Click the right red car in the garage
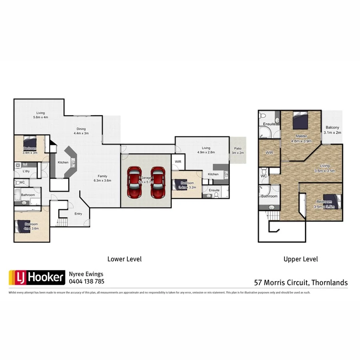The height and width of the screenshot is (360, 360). [x=158, y=182]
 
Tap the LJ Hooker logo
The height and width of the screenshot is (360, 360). [x=37, y=277]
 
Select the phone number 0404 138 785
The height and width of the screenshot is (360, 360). [x=87, y=281]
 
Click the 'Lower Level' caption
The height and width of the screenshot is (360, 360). [x=124, y=259]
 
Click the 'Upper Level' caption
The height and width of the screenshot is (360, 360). [x=300, y=259]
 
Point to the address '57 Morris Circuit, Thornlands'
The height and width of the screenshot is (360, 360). [x=301, y=282]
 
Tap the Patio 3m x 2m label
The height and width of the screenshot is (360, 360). [x=237, y=150]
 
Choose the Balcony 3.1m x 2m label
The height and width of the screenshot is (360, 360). [x=332, y=130]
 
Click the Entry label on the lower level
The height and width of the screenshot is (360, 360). [x=78, y=214]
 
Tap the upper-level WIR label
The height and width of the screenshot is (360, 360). [x=269, y=153]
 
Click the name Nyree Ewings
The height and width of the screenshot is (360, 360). [x=86, y=274]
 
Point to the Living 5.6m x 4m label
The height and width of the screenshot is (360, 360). [x=40, y=115]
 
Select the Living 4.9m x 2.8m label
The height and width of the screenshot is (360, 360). [x=206, y=150]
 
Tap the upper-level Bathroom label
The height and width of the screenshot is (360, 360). [x=269, y=196]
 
